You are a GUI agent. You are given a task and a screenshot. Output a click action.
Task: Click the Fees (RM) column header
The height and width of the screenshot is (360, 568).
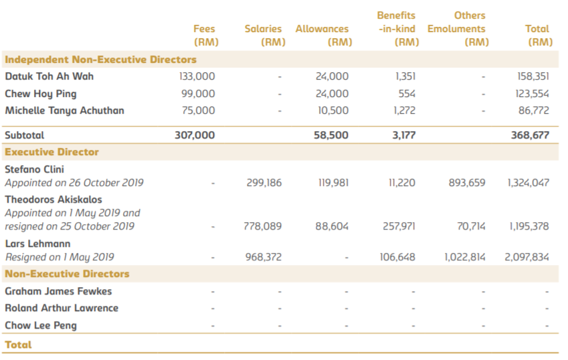(x=204, y=35)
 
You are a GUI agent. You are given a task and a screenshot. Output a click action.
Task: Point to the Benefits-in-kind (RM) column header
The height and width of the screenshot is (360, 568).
(x=397, y=29)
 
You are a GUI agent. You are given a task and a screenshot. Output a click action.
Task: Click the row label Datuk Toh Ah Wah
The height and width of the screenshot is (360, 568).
(x=50, y=76)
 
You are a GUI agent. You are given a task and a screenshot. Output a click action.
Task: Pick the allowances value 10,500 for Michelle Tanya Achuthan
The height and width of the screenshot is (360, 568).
(x=333, y=110)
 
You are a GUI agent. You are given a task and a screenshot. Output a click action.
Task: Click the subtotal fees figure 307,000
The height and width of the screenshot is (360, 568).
(x=195, y=135)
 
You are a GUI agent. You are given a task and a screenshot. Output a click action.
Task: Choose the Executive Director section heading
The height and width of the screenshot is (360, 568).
(x=52, y=152)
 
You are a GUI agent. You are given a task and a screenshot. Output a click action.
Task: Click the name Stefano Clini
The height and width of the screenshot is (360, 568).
(x=34, y=169)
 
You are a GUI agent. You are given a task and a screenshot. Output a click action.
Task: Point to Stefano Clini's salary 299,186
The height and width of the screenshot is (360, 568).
(x=264, y=183)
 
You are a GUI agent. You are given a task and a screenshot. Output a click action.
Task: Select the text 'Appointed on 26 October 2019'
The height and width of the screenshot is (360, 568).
(x=74, y=183)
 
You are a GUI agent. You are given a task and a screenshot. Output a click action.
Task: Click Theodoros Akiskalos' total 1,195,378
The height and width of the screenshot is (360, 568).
(x=528, y=226)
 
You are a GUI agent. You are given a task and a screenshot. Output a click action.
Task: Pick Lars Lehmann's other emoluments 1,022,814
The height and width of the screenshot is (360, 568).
(x=465, y=257)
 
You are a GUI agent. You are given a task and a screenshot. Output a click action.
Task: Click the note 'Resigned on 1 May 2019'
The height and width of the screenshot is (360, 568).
(x=60, y=257)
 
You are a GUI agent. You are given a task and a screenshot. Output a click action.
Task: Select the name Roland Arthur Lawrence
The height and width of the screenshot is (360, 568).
(x=62, y=308)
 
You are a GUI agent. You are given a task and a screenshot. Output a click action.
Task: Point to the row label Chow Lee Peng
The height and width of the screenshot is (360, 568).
(x=41, y=326)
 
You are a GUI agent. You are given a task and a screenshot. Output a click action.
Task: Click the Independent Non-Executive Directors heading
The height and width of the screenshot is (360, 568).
(x=100, y=59)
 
